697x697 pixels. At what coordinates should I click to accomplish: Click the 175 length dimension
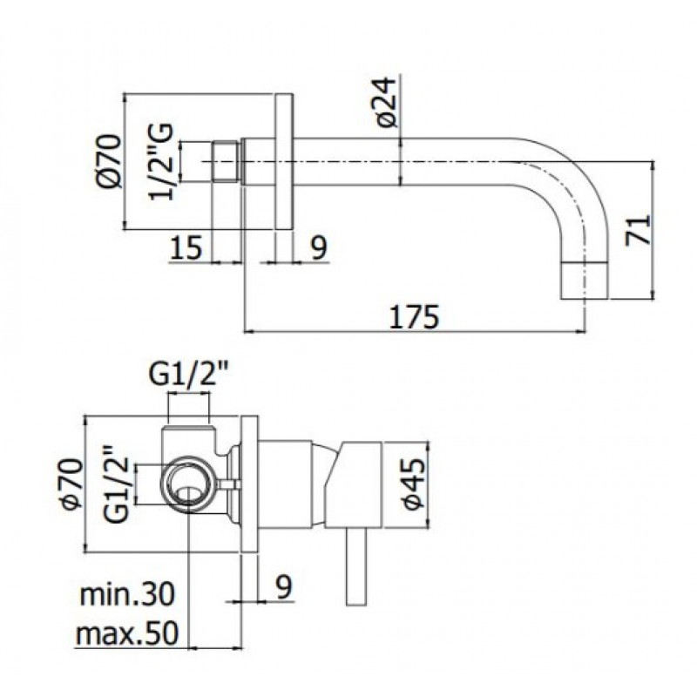tap(414, 316)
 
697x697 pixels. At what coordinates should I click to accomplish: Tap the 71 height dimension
tap(639, 229)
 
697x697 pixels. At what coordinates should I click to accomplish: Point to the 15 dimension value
tap(186, 247)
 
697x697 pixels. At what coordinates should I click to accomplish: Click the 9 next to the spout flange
tap(318, 247)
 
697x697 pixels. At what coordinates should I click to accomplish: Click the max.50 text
tap(127, 633)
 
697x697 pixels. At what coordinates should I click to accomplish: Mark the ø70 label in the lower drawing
tap(72, 484)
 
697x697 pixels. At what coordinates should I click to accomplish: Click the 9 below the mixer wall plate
tap(283, 586)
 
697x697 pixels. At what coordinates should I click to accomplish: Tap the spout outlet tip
tap(585, 280)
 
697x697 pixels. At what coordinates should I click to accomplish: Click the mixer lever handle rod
tap(355, 567)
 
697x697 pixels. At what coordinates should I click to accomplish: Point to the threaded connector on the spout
tap(227, 161)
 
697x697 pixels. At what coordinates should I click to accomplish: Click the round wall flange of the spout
tap(284, 162)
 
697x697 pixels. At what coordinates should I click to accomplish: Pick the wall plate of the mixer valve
tap(249, 484)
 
